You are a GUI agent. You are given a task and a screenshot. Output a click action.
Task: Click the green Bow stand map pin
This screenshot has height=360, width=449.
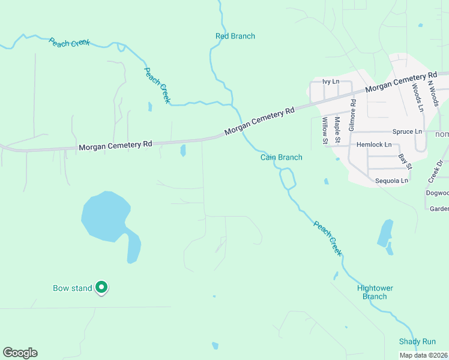tap(102, 288)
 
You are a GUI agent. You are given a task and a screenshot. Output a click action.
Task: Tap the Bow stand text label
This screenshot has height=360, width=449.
tap(73, 289)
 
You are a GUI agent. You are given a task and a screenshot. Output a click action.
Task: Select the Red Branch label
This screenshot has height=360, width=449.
tap(235, 36)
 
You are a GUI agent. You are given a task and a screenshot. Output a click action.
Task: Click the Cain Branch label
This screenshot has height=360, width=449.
tap(281, 157)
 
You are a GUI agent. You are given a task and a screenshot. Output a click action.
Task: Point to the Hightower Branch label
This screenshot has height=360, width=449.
tap(375, 292)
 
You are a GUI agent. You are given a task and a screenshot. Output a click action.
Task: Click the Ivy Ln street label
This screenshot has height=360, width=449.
tap(331, 82)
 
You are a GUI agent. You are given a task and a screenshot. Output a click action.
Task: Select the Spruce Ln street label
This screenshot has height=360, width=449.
tap(407, 131)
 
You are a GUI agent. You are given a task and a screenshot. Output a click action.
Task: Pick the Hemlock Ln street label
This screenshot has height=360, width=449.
tap(374, 145)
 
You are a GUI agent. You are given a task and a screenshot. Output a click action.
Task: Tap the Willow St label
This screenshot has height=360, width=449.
tap(325, 131)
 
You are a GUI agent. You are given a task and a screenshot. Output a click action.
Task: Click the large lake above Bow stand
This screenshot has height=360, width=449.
tap(106, 215)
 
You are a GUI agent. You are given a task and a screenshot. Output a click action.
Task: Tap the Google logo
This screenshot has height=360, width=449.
tap(20, 353)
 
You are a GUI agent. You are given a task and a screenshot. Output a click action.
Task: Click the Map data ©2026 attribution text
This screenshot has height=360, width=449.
tap(423, 355)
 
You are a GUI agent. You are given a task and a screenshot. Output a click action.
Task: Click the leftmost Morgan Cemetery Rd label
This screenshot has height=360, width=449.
tap(115, 145)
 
